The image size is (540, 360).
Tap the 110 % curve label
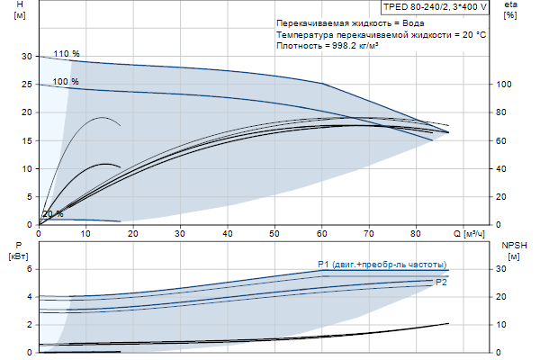[x=66, y=54]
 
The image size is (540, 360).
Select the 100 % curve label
[x=66, y=82]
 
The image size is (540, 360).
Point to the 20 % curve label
[x=53, y=214]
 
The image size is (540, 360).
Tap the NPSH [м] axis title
[x=511, y=250]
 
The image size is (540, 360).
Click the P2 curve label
[x=441, y=283]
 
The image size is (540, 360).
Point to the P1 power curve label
[x=382, y=264]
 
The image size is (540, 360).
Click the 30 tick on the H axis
[x=27, y=56]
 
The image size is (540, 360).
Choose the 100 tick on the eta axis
[x=505, y=84]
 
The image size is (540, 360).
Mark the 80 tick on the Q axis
[x=417, y=233]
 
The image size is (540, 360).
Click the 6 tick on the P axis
[x=29, y=269]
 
